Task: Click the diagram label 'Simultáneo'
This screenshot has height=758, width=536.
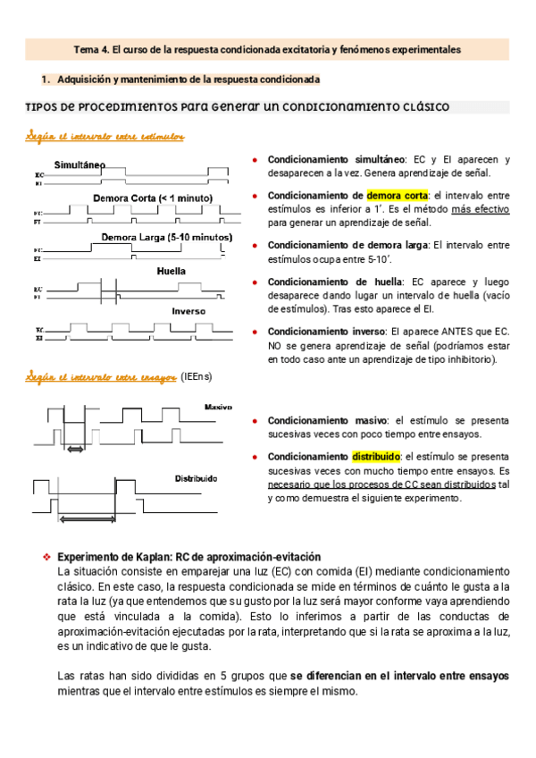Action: pos(80,165)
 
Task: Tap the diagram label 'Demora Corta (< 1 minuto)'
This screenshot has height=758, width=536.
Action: pos(152,198)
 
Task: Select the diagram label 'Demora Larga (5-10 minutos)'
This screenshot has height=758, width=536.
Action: pos(166,238)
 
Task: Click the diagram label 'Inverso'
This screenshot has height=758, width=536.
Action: pos(189,311)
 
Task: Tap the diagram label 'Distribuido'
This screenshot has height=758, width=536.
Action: pos(196,479)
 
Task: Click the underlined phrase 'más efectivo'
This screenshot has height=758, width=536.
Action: pos(480,208)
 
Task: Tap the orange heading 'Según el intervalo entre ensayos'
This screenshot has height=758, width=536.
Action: pos(100,378)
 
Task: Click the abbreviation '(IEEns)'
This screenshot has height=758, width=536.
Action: pos(197,378)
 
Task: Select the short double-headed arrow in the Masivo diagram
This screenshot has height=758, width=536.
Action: pos(75,450)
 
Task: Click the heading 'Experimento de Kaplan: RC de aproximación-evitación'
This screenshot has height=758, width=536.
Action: pos(188,556)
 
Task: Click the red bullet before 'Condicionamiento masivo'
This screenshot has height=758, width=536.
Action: pos(256,420)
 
